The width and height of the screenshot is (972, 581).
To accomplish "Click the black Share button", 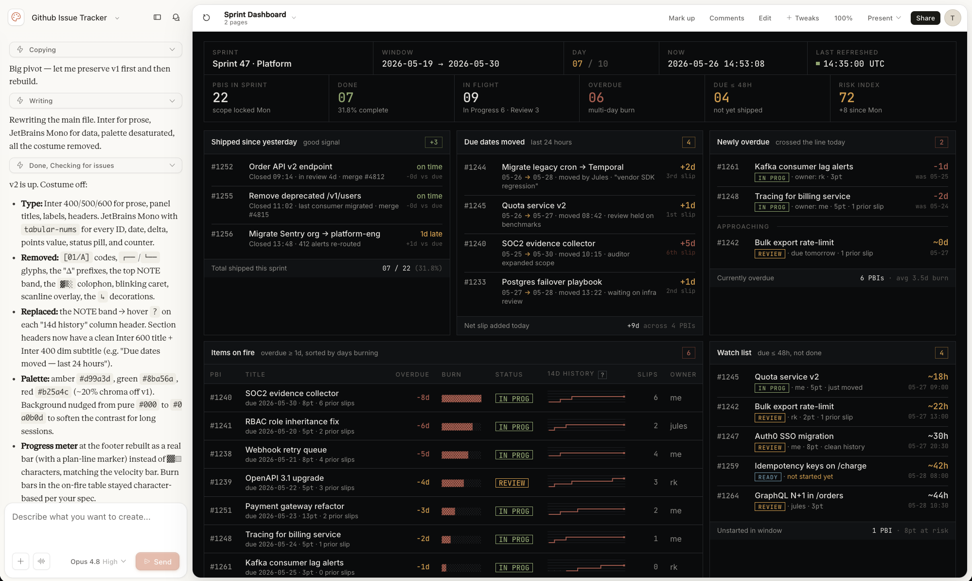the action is coord(925,18).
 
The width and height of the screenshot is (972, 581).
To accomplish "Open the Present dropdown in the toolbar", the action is coord(884,18).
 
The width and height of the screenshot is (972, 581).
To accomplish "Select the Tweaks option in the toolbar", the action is coord(803,18).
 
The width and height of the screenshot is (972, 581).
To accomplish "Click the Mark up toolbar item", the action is coord(681,18).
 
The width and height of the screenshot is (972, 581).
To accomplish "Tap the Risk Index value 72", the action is coord(847,98).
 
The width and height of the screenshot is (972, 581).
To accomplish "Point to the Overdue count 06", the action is coord(596,98).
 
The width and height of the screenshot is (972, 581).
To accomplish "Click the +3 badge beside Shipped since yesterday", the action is coord(434,142).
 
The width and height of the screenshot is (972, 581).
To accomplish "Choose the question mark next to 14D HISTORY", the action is coord(602,375).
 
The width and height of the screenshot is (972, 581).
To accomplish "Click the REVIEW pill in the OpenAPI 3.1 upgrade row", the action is coord(512,483).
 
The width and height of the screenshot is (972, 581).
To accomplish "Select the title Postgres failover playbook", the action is coord(552,282).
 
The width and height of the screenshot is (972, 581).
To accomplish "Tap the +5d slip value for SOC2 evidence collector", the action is coord(688,243).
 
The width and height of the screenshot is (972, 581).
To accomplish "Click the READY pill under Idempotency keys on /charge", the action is coord(768,477).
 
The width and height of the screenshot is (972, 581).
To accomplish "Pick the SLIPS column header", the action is coord(648,375).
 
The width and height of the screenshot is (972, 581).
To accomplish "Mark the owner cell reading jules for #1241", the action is coord(678,426).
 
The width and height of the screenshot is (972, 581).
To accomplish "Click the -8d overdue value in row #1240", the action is coord(423,398).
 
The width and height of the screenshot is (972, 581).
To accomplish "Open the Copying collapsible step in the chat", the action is coord(96,50).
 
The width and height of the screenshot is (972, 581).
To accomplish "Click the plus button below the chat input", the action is coord(20,561).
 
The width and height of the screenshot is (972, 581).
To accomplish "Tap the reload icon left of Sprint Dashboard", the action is coord(206,18).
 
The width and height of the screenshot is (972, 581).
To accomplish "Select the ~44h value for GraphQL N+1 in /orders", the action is coord(938,495).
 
